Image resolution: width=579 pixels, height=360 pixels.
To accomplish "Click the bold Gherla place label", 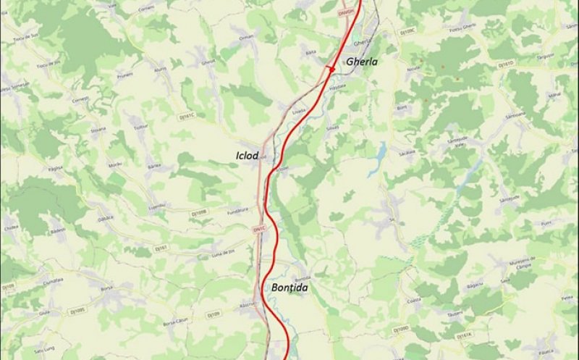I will [x=362, y=62].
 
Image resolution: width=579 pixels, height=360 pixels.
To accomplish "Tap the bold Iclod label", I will [x=247, y=155].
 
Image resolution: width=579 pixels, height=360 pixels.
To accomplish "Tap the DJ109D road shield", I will [x=401, y=330].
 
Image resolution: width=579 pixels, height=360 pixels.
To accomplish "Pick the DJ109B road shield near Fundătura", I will [x=200, y=213].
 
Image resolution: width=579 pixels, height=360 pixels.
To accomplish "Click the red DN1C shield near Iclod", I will [x=260, y=230].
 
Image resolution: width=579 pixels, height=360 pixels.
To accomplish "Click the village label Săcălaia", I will [x=407, y=153].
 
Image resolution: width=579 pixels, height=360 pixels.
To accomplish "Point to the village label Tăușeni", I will [x=455, y=314].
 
